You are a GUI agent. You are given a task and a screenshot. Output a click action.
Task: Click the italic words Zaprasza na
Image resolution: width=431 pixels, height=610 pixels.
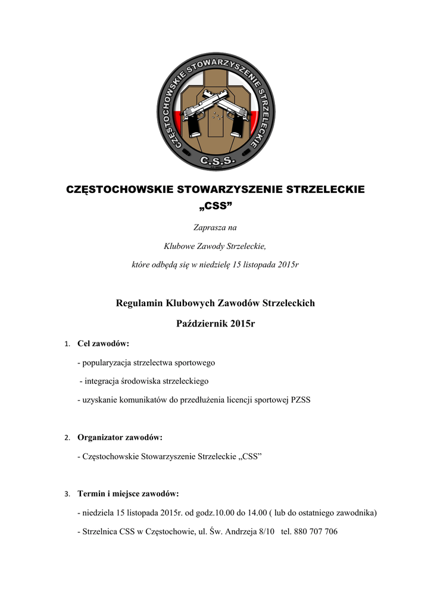click(215, 226)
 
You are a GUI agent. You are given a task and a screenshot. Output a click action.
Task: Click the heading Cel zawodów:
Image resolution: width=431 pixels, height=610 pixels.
click(104, 344)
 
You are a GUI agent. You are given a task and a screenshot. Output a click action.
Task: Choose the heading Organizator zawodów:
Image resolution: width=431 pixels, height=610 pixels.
click(120, 437)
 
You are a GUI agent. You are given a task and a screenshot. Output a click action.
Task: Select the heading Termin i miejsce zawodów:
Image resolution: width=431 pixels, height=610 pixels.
click(128, 493)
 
